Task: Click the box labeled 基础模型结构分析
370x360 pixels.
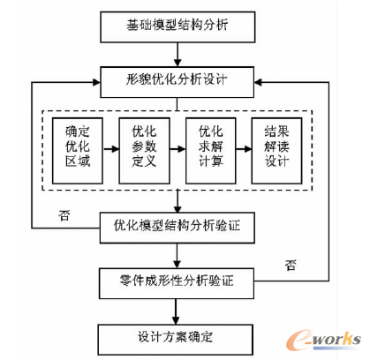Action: pyautogui.click(x=177, y=27)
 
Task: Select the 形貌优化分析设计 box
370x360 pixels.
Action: pyautogui.click(x=177, y=82)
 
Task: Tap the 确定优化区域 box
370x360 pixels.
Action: pyautogui.click(x=78, y=151)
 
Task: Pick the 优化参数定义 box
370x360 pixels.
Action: pyautogui.click(x=144, y=151)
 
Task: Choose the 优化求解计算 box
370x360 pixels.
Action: pyautogui.click(x=211, y=151)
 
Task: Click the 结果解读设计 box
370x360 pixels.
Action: pyautogui.click(x=276, y=151)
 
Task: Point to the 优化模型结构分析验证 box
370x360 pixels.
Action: pyautogui.click(x=177, y=228)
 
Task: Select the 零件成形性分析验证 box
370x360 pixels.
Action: pyautogui.click(x=177, y=283)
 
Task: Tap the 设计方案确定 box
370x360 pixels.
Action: pyautogui.click(x=176, y=340)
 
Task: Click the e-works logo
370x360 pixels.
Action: pyautogui.click(x=323, y=340)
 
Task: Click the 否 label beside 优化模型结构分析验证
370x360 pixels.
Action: pyautogui.click(x=64, y=215)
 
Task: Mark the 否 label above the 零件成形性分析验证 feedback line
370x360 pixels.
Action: pyautogui.click(x=291, y=265)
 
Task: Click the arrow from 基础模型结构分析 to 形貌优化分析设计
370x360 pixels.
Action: pyautogui.click(x=177, y=55)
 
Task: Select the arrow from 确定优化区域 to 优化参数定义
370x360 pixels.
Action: pyautogui.click(x=111, y=149)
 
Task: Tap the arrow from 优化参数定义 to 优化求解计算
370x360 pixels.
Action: pyautogui.click(x=177, y=149)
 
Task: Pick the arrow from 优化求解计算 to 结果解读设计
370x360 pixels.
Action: pyautogui.click(x=244, y=149)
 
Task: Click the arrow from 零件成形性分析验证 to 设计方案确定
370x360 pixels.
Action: pyautogui.click(x=176, y=311)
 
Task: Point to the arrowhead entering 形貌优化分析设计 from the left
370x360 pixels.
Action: pyautogui.click(x=96, y=82)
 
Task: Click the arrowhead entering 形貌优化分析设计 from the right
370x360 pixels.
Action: pyautogui.click(x=258, y=82)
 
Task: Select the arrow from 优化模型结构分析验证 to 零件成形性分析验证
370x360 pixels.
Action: pyautogui.click(x=177, y=256)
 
